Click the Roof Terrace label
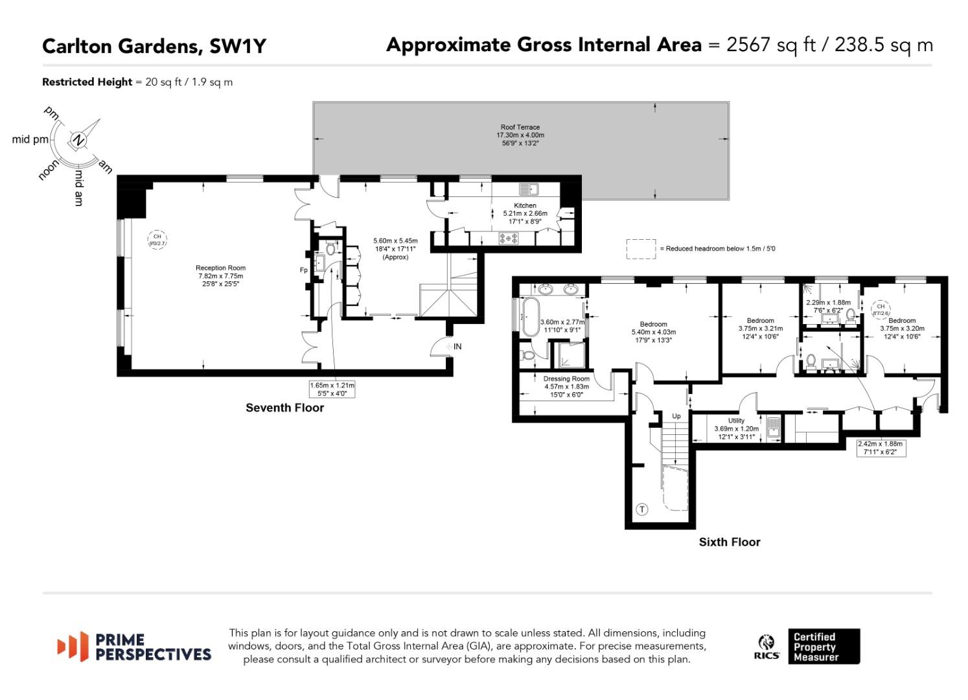tap(520, 128)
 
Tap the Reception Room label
tap(220, 268)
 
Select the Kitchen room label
tap(525, 205)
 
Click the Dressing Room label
tap(566, 379)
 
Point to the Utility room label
tap(736, 421)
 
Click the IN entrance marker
tap(457, 347)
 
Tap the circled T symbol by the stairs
tap(642, 509)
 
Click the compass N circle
tap(78, 140)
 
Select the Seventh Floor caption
tap(284, 408)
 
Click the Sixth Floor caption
tap(729, 542)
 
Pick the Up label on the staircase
tap(676, 416)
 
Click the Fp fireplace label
tap(303, 270)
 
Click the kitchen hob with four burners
tap(508, 239)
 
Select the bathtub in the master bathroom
tap(531, 317)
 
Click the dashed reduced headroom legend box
tap(641, 249)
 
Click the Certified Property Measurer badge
tap(824, 646)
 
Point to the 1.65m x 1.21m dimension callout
tap(332, 389)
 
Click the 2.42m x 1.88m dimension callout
tap(880, 448)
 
